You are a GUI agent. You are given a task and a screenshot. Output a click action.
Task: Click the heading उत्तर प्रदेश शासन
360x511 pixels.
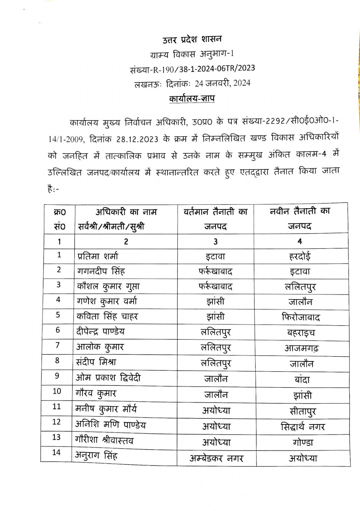tap(192, 40)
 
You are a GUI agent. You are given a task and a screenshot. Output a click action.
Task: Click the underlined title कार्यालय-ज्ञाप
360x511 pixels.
tap(192, 98)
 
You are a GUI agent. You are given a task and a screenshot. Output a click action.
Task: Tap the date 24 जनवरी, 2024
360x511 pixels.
tap(223, 83)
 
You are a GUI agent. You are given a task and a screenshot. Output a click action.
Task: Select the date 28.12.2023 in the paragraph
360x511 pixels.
tap(137, 139)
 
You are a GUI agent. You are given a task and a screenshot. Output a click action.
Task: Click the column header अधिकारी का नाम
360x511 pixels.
tap(126, 212)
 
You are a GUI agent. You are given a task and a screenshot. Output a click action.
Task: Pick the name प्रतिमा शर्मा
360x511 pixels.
tap(98, 256)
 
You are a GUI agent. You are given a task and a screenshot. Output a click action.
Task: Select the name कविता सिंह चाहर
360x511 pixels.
tap(107, 316)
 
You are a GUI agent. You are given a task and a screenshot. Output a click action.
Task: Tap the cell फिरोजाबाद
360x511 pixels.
tap(301, 317)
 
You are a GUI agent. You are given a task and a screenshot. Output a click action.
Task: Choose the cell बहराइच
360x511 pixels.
tap(301, 333)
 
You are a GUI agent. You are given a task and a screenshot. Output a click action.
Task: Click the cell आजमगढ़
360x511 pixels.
tap(301, 348)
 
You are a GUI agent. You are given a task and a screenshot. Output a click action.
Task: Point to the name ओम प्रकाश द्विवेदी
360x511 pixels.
tap(108, 378)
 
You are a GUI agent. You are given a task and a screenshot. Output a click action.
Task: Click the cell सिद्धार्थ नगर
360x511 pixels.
tap(303, 427)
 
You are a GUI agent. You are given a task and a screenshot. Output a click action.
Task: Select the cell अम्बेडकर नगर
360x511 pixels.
tap(216, 459)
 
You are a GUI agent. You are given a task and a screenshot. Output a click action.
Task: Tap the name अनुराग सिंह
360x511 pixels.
tap(96, 455)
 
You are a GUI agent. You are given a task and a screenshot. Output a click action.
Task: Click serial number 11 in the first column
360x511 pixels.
tap(57, 407)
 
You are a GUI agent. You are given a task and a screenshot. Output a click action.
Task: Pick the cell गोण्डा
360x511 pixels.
tap(303, 442)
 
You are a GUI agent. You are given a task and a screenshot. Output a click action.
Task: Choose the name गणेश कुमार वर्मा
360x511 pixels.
tap(107, 301)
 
